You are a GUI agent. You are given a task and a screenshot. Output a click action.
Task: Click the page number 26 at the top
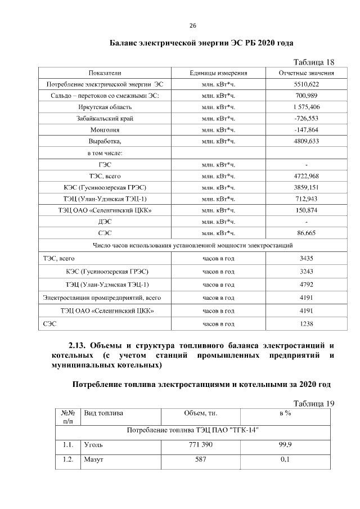click(x=192, y=26)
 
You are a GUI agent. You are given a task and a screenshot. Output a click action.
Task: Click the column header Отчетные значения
click(x=307, y=73)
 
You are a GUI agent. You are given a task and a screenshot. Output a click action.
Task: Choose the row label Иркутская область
click(x=105, y=107)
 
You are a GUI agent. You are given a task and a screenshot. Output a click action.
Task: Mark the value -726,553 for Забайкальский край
click(x=307, y=119)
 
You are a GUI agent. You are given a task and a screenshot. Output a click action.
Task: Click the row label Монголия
click(x=105, y=130)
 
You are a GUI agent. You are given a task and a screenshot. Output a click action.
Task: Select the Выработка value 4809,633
click(x=307, y=141)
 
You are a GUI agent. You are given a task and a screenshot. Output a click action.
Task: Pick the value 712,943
click(x=307, y=199)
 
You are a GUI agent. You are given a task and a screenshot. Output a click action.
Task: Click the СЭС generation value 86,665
click(x=307, y=232)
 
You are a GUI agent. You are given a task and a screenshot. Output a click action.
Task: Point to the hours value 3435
click(x=307, y=258)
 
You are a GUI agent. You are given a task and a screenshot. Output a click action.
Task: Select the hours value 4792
click(x=307, y=284)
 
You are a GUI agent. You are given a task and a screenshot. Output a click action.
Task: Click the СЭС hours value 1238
click(x=307, y=323)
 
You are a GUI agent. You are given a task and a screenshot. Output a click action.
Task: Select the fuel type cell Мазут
click(x=93, y=460)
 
